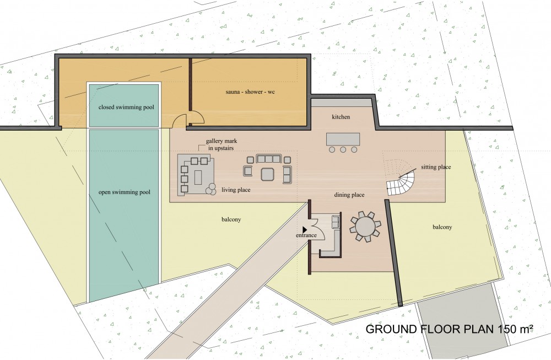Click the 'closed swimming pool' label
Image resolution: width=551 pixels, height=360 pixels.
coord(126,107)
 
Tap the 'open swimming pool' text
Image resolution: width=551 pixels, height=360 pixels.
coord(125,192)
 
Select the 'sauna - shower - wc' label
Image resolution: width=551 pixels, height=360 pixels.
coord(250,92)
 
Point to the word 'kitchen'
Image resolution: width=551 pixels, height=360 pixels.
coord(341,117)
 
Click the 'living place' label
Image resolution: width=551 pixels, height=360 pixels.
coord(236,190)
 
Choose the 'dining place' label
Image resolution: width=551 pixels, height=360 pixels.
coord(349,195)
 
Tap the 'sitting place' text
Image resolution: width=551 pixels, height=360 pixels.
coord(436,167)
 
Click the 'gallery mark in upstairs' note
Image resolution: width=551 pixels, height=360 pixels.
coord(222,144)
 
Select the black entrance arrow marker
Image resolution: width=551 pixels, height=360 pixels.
coord(305,229)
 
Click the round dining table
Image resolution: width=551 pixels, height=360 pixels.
coord(365,227)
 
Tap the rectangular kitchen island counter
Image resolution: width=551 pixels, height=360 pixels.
coord(343,139)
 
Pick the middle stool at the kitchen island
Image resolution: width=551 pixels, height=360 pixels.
coord(343,150)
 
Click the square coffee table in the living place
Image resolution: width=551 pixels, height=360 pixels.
coord(267,174)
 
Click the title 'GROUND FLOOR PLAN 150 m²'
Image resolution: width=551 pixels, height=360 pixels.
coord(450,329)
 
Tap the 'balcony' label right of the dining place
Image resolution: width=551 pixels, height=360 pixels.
coord(442,227)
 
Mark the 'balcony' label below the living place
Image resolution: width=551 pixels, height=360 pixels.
coord(231,220)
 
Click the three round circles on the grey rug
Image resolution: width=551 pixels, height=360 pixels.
coord(211,189)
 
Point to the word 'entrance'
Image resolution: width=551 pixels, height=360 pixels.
coord(306,235)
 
